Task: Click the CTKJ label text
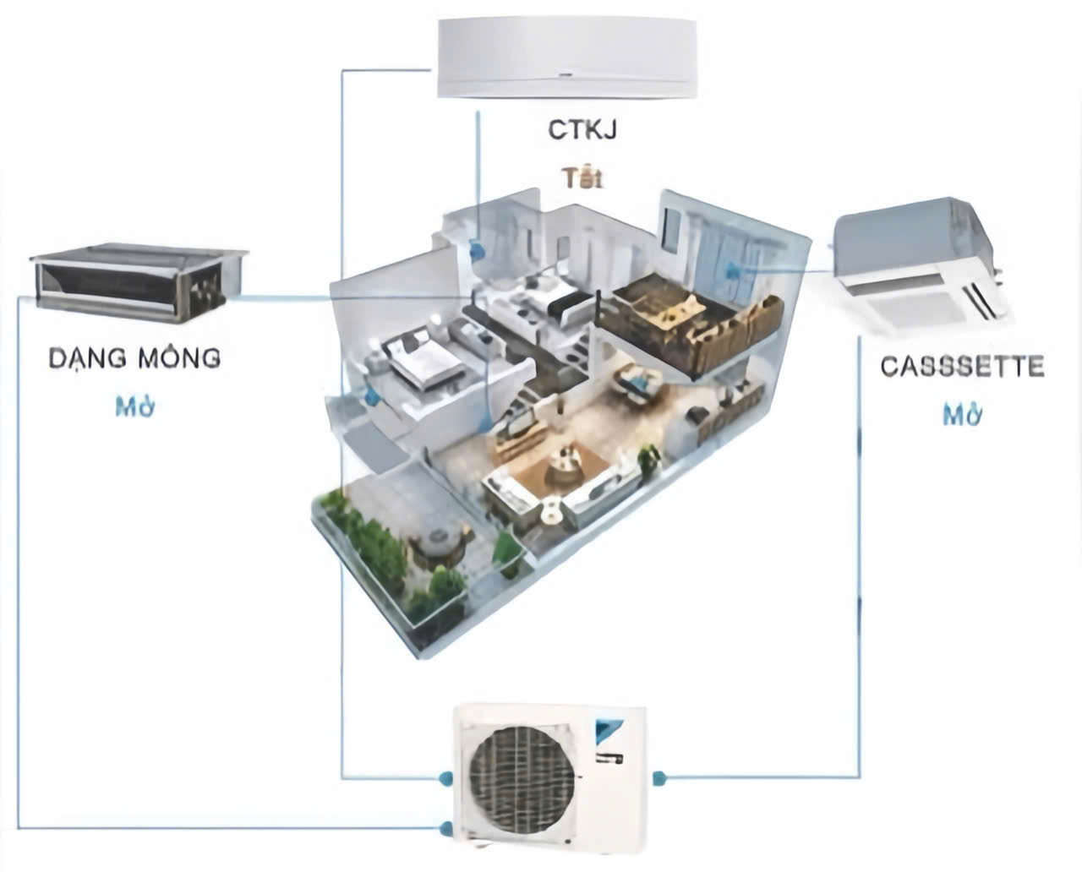click(582, 132)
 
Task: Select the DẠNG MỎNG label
click(134, 357)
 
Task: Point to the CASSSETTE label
click(962, 367)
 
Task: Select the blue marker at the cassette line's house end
click(732, 271)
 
